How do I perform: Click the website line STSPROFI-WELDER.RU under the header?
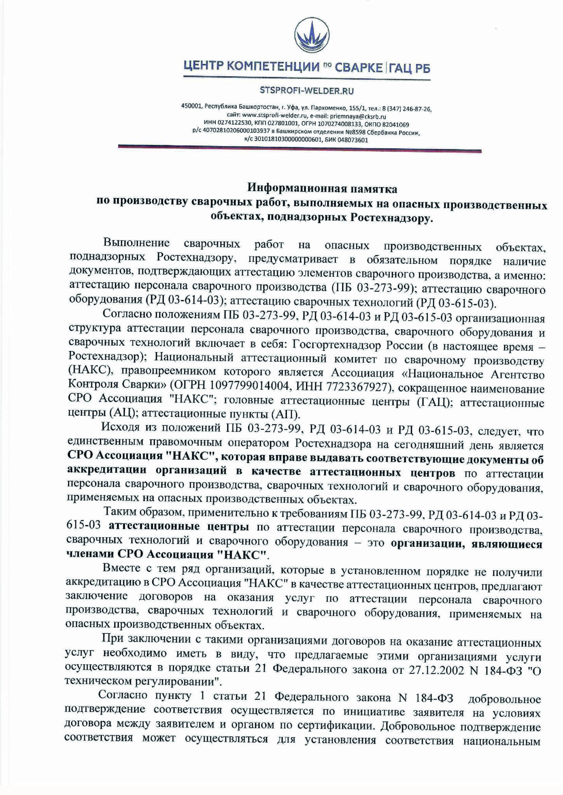[x=307, y=91]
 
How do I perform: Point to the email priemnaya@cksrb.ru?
[x=358, y=116]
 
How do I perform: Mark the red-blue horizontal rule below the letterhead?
[x=299, y=148]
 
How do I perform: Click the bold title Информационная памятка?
[x=322, y=189]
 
